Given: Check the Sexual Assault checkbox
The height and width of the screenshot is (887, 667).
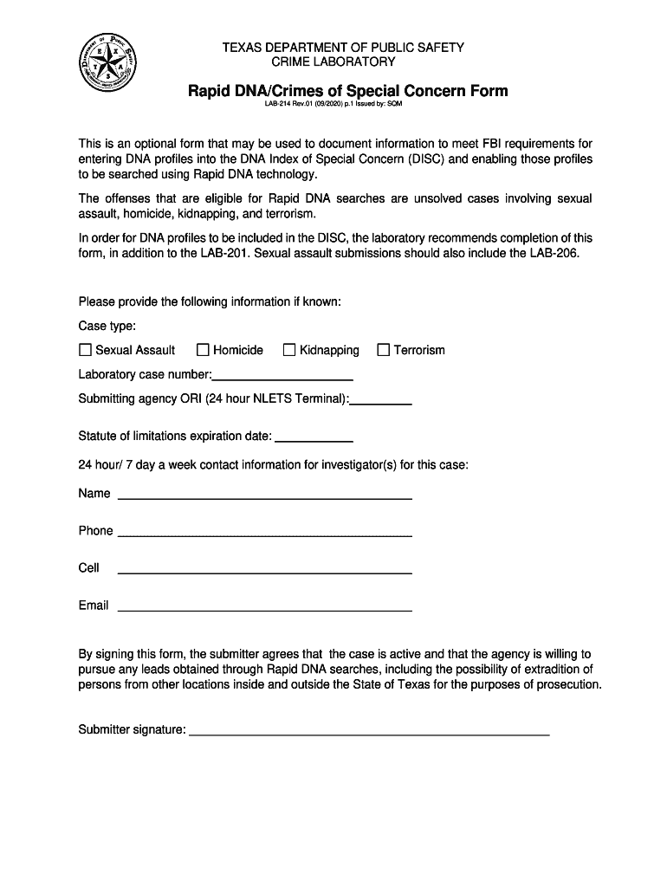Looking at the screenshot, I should [85, 350].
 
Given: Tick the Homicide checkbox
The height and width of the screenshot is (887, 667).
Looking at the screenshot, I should [203, 350].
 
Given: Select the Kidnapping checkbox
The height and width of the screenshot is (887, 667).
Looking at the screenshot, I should [289, 350].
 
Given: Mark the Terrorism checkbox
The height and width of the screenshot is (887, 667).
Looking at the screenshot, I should [383, 350].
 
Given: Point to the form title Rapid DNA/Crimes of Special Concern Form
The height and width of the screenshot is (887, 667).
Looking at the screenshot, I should [348, 91].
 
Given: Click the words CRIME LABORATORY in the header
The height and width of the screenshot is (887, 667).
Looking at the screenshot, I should [333, 62].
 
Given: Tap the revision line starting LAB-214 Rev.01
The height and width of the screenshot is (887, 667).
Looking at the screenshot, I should [333, 107].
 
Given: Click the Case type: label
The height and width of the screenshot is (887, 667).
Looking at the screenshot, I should [107, 327].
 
